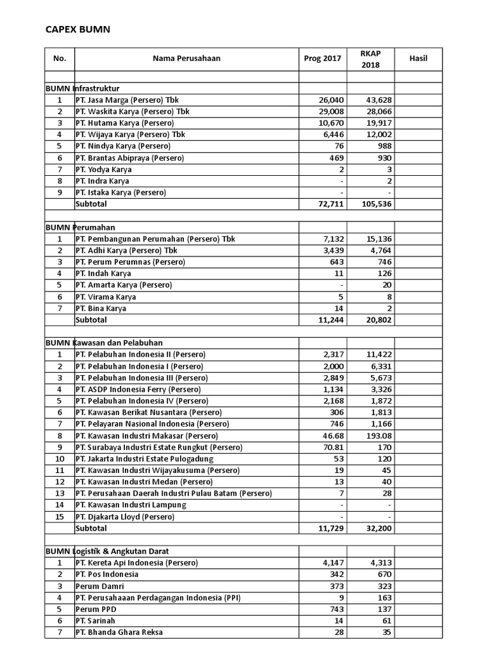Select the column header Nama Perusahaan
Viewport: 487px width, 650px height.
click(186, 58)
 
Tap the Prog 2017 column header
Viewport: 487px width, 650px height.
click(322, 58)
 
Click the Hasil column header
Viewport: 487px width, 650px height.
click(419, 58)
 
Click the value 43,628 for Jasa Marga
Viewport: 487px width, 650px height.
click(379, 100)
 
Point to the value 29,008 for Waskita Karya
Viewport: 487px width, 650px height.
click(330, 112)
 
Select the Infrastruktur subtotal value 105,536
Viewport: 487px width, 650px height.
click(376, 204)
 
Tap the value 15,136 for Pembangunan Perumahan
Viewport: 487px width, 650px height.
click(379, 239)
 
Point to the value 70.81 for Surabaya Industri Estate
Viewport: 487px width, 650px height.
click(332, 447)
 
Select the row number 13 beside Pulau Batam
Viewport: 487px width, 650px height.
click(60, 493)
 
